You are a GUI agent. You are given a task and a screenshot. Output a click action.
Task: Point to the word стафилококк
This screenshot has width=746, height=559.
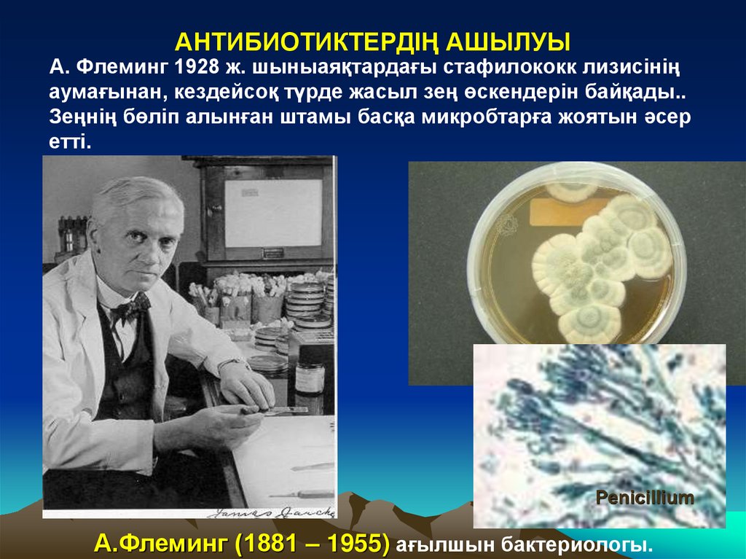(517, 69)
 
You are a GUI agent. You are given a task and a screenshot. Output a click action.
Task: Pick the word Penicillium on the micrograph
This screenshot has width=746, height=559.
(645, 499)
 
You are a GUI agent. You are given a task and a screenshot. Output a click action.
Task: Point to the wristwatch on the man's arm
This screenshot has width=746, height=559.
(232, 365)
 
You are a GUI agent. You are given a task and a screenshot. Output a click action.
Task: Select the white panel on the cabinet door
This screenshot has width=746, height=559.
(272, 213)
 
